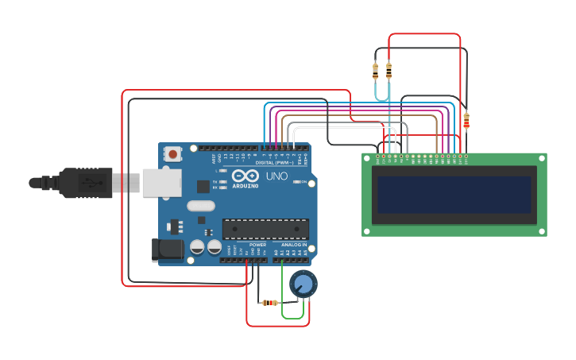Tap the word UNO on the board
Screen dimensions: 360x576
[276, 176]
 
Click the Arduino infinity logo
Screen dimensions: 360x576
[245, 176]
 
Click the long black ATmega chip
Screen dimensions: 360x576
[265, 229]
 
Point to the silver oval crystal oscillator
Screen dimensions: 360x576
[201, 206]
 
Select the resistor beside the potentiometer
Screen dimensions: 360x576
[270, 303]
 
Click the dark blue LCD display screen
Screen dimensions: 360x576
[454, 195]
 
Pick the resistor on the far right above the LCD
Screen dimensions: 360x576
[466, 121]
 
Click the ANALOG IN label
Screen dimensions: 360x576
[293, 245]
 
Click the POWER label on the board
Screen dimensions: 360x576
[257, 245]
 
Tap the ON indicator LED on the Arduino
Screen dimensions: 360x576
[296, 182]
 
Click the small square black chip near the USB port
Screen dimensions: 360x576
[203, 186]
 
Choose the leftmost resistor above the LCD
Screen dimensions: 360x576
[375, 72]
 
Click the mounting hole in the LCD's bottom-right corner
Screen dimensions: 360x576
[542, 231]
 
